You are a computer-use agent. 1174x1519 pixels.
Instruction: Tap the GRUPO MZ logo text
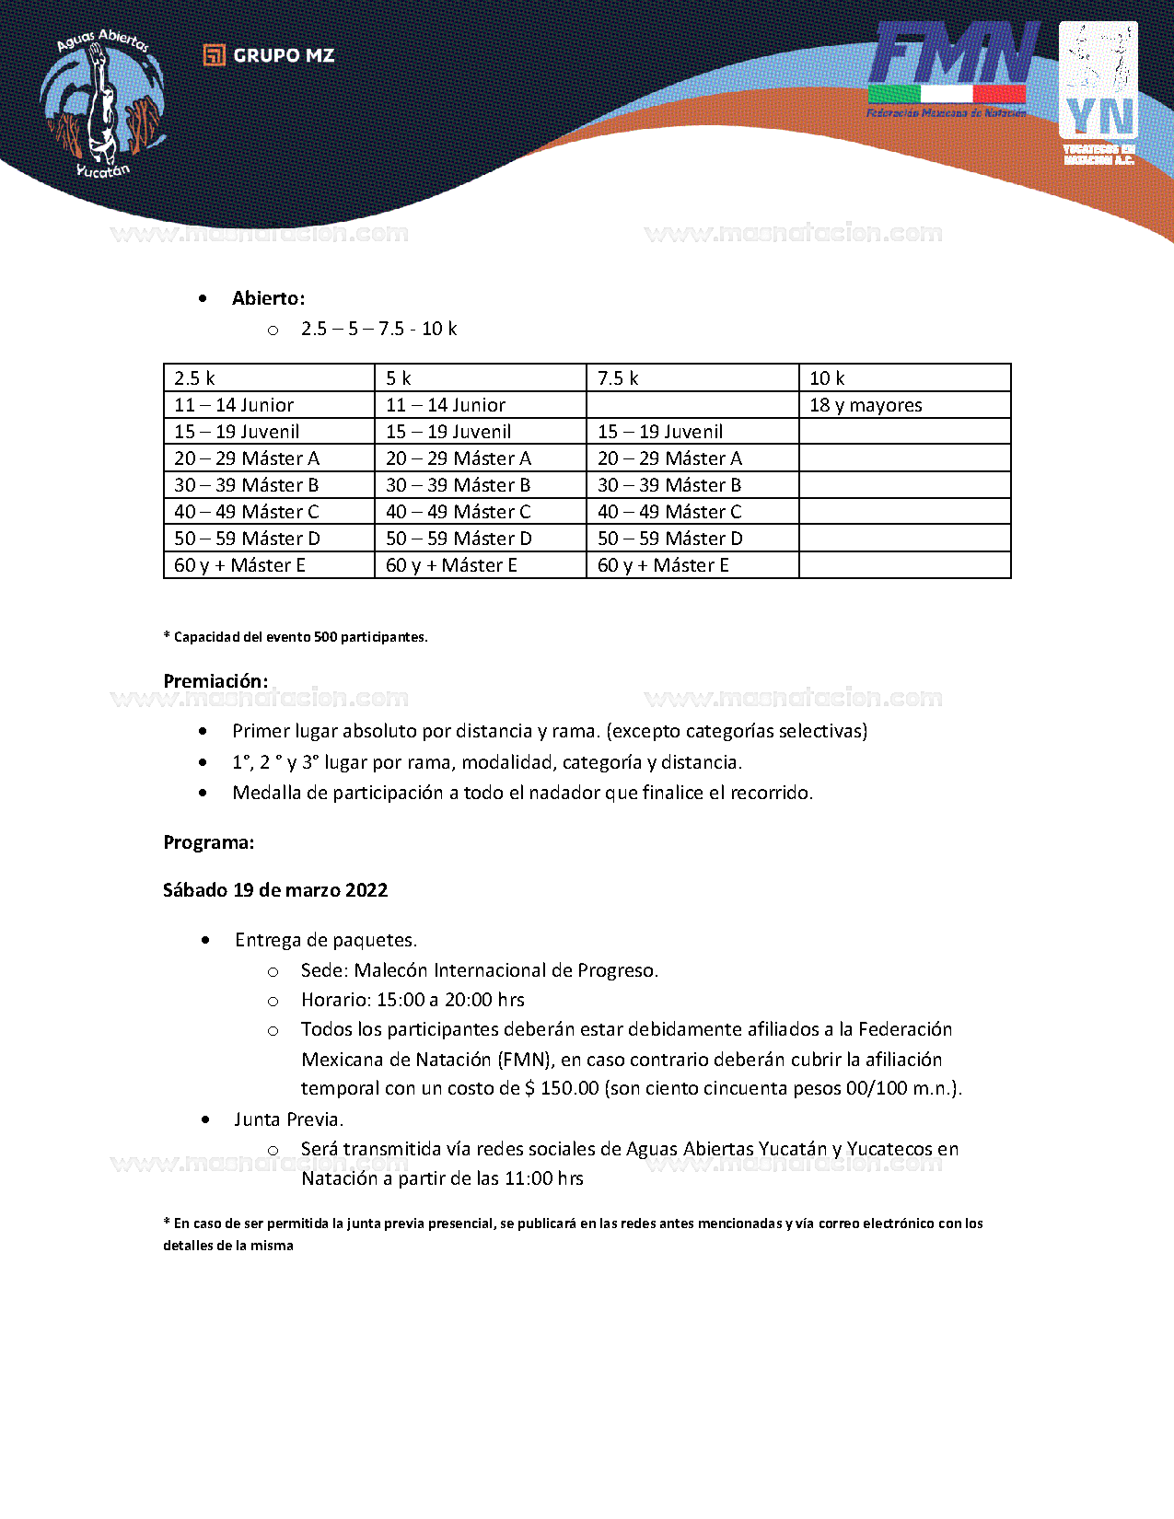click(269, 55)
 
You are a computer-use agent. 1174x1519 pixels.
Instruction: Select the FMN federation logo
click(949, 70)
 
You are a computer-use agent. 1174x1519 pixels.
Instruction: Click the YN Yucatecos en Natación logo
click(1098, 93)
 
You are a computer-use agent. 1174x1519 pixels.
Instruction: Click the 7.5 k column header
click(618, 378)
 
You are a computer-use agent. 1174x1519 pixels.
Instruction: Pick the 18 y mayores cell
click(866, 405)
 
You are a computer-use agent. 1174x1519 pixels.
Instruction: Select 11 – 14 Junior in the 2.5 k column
click(234, 405)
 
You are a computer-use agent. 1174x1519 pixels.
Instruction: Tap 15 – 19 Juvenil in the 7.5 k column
click(660, 432)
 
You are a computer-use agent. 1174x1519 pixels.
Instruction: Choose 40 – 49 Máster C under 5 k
click(458, 512)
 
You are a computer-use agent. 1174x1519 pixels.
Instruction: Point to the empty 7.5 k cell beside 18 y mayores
click(692, 405)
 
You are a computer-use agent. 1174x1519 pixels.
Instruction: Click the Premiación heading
click(215, 681)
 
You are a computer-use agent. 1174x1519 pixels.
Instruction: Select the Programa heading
click(209, 842)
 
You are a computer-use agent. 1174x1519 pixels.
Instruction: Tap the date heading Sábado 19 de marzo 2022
click(275, 890)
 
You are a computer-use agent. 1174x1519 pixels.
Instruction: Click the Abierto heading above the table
click(268, 298)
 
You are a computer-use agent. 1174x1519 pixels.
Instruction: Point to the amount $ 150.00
click(562, 1088)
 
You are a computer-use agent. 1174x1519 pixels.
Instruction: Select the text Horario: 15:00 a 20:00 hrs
click(413, 1000)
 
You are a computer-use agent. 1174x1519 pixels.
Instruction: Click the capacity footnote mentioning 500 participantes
click(296, 637)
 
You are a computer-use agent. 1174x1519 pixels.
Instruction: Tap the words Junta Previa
click(288, 1119)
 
